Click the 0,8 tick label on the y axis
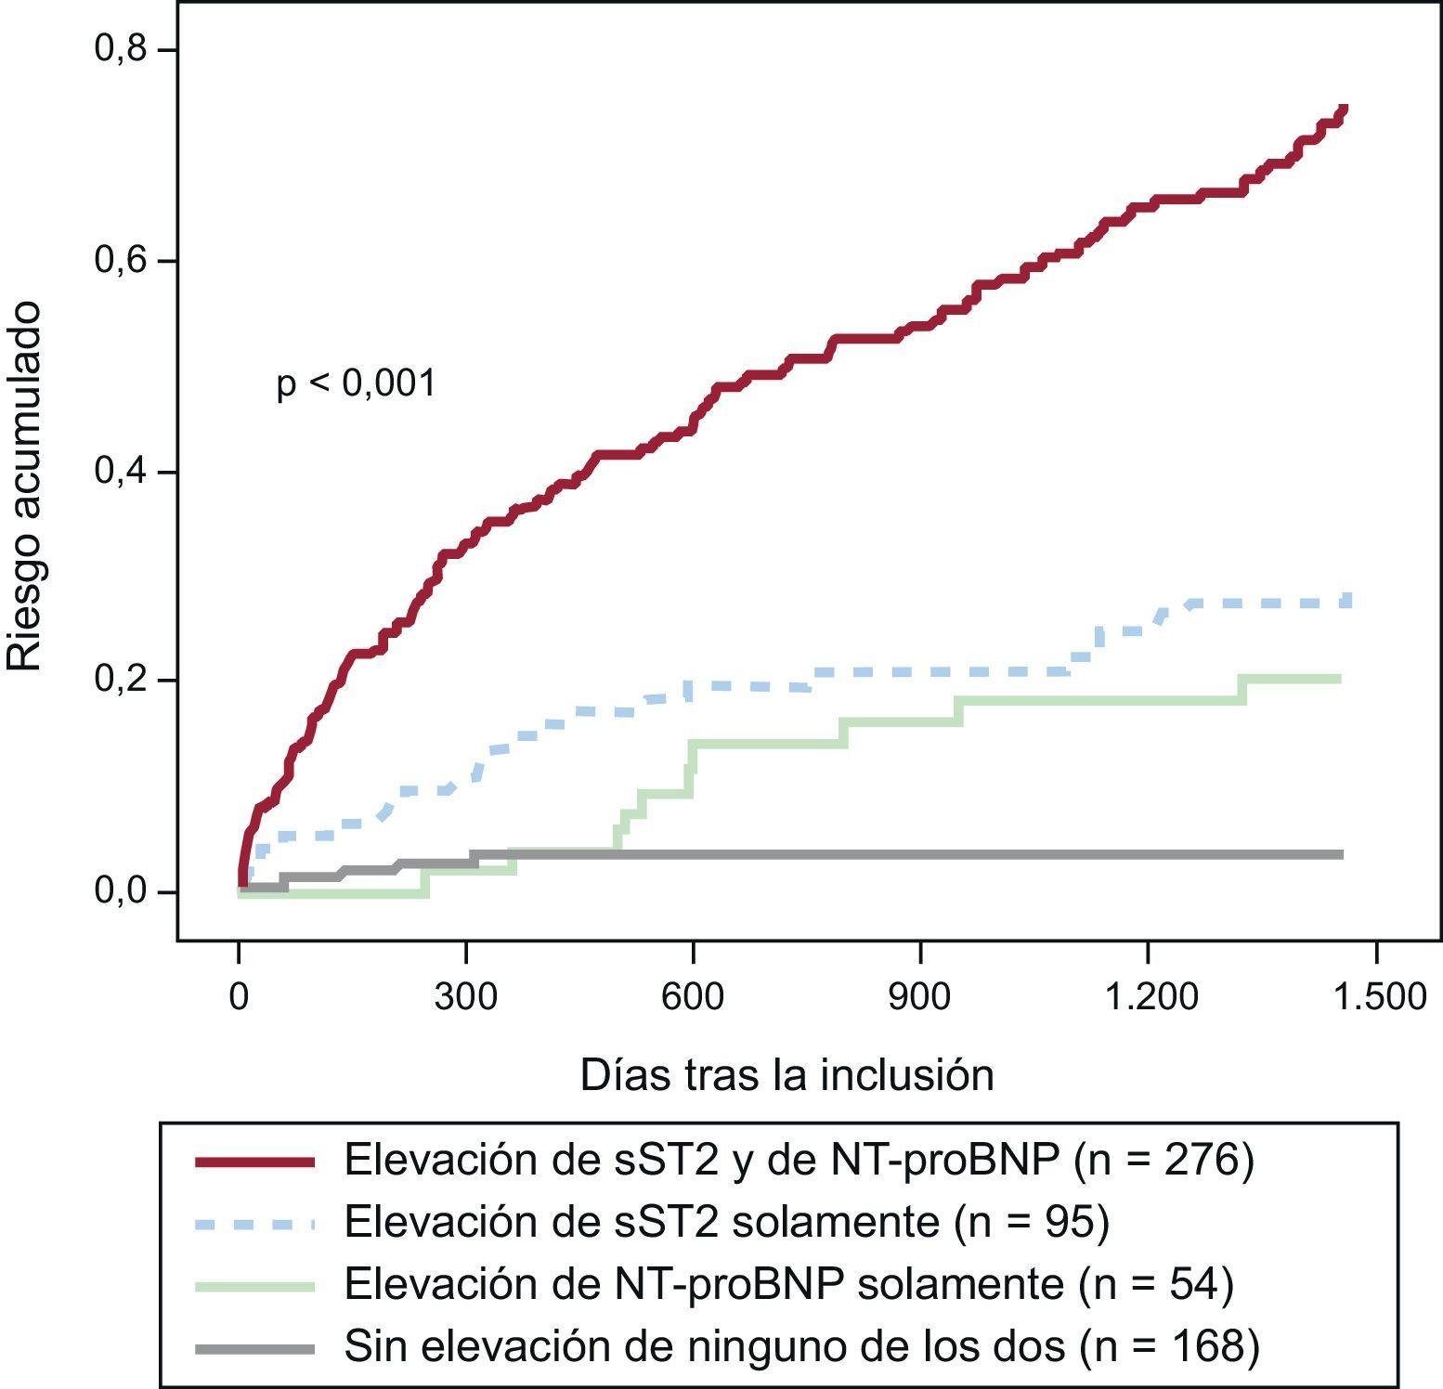[x=121, y=48]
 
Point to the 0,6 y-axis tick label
[x=121, y=260]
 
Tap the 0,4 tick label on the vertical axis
[x=121, y=471]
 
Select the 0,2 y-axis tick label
[x=121, y=680]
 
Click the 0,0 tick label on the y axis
[x=121, y=891]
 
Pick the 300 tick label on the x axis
[x=465, y=996]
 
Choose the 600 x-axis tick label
[x=693, y=996]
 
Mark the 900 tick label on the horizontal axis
[x=920, y=996]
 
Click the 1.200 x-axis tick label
[x=1149, y=996]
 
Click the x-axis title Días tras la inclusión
[x=786, y=1075]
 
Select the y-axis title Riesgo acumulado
[x=25, y=485]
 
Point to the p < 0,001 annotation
[x=356, y=383]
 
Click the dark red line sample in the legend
[x=255, y=1162]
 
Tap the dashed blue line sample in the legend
[x=255, y=1224]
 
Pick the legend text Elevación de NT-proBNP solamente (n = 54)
[x=788, y=1285]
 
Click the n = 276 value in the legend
[x=1163, y=1160]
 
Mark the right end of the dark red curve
[x=1344, y=110]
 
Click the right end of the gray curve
[x=1342, y=854]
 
